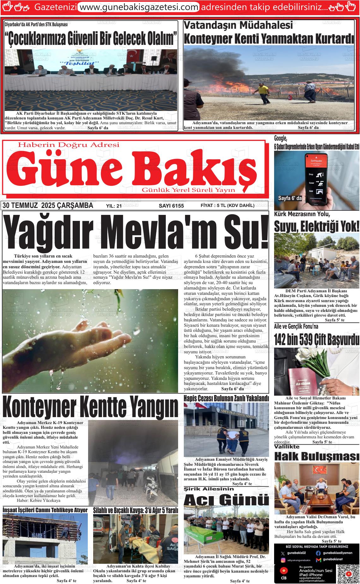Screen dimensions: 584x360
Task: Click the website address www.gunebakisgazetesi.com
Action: point(138,7)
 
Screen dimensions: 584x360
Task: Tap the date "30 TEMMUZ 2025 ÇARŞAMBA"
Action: point(48,206)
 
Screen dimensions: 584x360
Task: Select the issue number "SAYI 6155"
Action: point(171,206)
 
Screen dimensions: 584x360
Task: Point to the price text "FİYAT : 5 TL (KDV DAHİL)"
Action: point(227,206)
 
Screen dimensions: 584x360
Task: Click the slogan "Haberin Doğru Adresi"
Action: point(69,145)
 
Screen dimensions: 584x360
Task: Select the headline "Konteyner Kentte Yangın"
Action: point(90,407)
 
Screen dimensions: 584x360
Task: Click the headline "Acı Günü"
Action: point(226,500)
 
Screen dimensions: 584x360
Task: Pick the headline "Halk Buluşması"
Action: point(317,456)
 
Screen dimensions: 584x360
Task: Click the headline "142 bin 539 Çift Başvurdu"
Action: point(317,339)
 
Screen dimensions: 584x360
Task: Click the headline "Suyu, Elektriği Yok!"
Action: point(317,226)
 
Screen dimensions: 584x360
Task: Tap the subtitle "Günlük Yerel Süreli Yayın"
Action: point(189,190)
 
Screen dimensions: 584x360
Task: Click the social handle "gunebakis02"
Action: point(297,553)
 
